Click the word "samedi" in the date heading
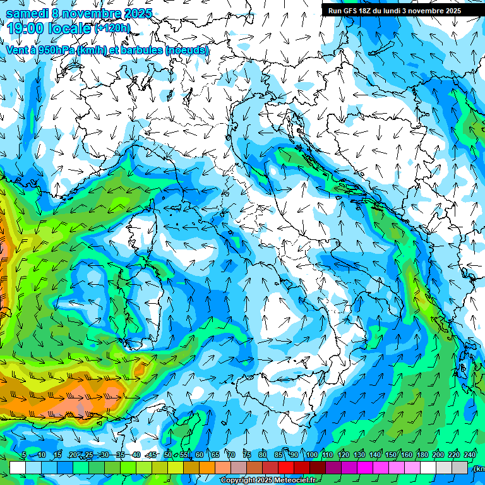point(27,13)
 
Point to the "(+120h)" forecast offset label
point(112,28)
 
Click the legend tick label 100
point(312,455)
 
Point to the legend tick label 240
point(470,455)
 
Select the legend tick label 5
point(24,455)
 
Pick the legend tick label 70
point(231,455)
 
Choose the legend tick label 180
point(421,455)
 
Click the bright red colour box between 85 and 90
point(286,467)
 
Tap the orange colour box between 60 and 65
point(207,467)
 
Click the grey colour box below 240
point(460,467)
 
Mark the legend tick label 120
point(344,455)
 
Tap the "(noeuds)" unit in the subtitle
point(187,50)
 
